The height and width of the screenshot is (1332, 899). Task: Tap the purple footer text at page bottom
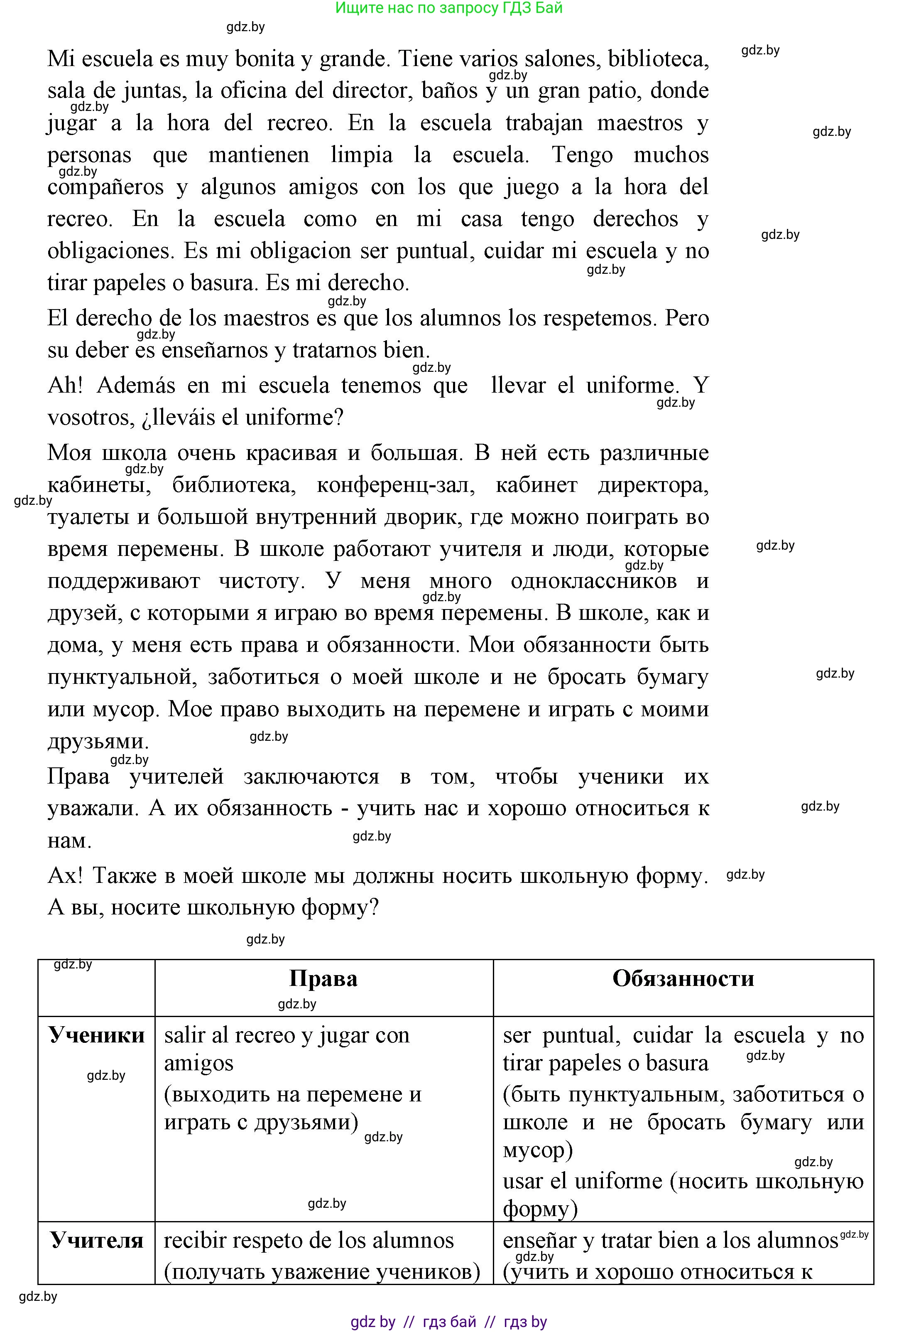[448, 1322]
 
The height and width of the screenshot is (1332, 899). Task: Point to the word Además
[136, 385]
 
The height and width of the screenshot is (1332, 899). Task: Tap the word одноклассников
[594, 580]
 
